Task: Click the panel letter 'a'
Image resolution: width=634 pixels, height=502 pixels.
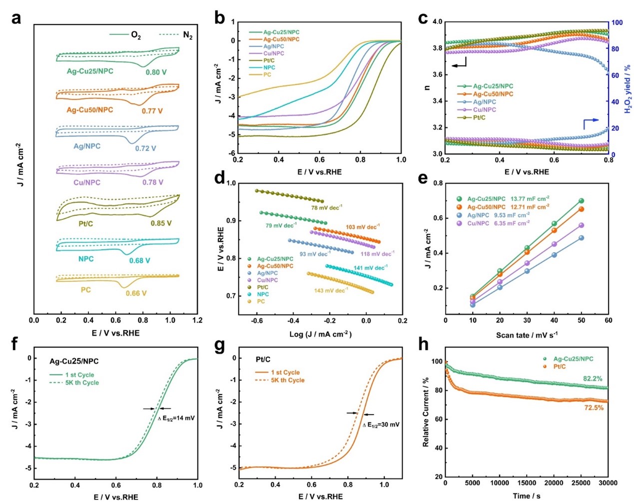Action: tap(16, 18)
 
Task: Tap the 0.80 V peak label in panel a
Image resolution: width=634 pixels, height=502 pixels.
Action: tap(156, 72)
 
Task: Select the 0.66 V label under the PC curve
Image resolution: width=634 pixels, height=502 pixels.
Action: tap(136, 293)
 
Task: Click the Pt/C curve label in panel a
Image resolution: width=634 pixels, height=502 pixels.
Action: tap(86, 223)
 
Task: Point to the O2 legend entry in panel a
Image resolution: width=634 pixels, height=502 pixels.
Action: tap(126, 35)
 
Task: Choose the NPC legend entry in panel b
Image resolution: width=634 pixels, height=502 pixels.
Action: tap(269, 67)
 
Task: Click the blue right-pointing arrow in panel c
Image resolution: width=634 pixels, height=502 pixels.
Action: tap(591, 120)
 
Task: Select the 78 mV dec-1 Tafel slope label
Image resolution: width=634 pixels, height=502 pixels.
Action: tap(327, 207)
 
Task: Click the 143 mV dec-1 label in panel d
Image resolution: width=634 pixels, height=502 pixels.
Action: tap(330, 290)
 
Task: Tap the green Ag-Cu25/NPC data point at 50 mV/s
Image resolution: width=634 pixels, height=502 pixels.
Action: tap(581, 201)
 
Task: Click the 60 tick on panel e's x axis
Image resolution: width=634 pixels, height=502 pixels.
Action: tap(608, 320)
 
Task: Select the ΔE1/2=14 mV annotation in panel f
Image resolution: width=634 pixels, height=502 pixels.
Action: tap(176, 418)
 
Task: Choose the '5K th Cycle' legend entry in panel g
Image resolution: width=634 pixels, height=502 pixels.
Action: tap(287, 380)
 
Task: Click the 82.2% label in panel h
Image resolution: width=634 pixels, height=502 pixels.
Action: tap(593, 378)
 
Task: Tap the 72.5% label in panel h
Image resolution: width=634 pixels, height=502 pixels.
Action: tap(594, 408)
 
